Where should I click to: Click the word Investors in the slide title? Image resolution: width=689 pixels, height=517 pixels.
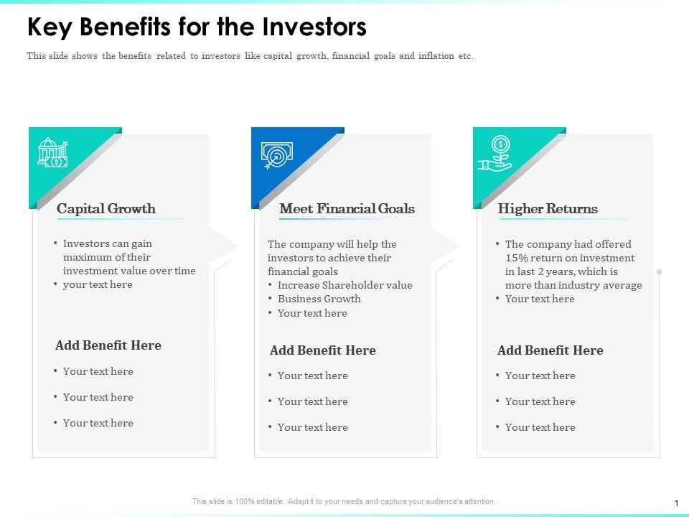[314, 27]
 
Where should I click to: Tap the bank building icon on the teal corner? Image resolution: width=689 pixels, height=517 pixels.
[52, 152]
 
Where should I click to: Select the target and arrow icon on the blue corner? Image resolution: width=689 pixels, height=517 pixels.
[277, 155]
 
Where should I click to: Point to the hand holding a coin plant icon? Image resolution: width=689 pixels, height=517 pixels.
[495, 154]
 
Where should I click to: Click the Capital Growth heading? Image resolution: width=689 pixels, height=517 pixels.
[106, 208]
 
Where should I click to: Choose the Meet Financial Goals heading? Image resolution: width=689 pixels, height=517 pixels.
[347, 208]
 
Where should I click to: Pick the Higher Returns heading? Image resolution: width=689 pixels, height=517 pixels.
[548, 208]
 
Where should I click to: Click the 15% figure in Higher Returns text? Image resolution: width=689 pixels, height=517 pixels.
[516, 258]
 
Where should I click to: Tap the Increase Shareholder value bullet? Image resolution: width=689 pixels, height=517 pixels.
[345, 285]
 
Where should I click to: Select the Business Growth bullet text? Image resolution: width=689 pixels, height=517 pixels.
[319, 299]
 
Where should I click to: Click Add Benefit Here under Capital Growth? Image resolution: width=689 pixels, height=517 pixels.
[108, 345]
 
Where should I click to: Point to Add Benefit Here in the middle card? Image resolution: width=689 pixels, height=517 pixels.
[323, 350]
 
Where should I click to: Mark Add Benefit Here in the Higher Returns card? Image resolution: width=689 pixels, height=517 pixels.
[550, 350]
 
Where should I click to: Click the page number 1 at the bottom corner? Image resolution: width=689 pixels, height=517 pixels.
[676, 503]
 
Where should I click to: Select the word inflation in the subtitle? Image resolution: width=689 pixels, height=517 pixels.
[436, 56]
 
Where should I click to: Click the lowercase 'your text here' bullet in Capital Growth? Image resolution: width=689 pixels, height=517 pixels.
[98, 284]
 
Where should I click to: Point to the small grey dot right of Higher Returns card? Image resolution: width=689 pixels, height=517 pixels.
[659, 271]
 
